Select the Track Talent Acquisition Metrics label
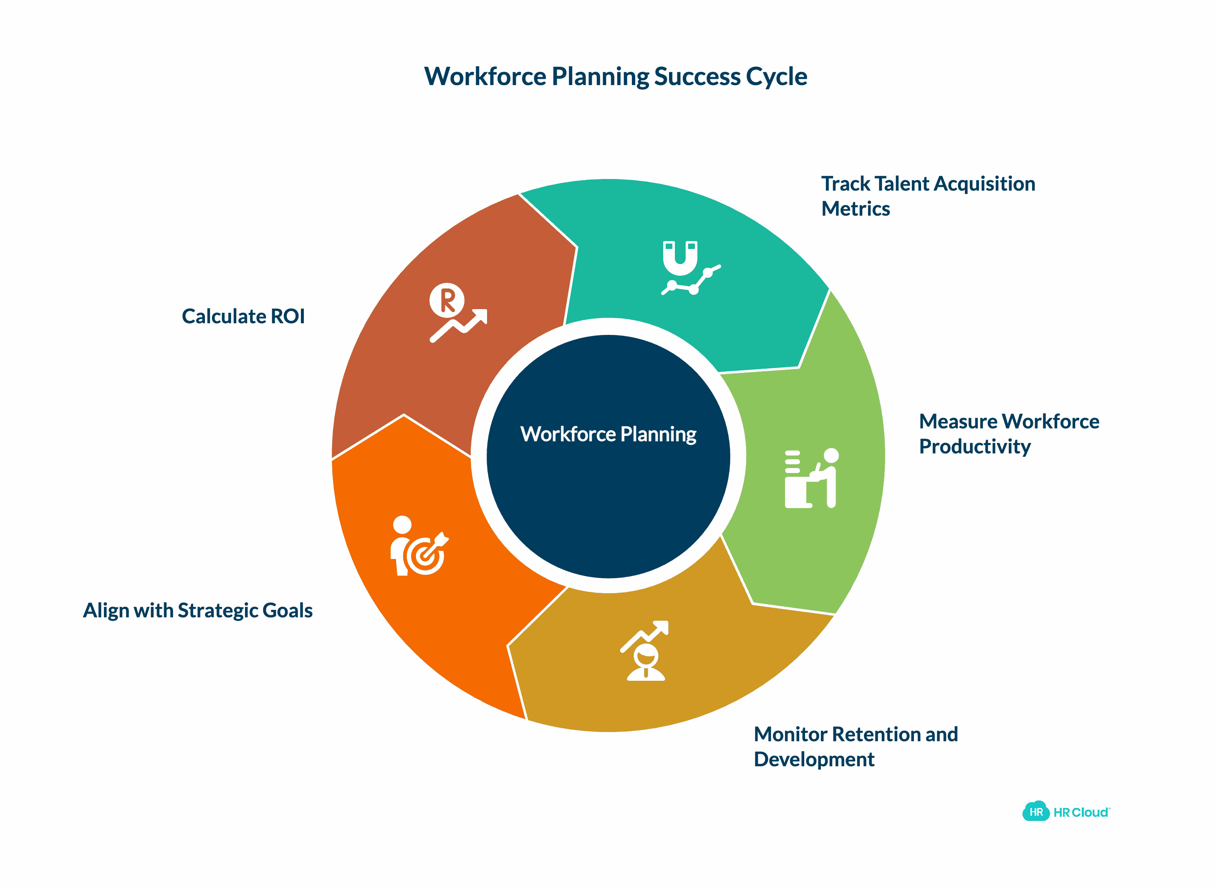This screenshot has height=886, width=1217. point(927,196)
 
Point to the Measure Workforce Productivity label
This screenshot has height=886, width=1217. point(1008,433)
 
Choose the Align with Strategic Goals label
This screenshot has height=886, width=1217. point(197,610)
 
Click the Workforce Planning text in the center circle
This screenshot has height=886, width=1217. point(608,434)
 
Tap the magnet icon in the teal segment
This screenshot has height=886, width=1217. point(680,259)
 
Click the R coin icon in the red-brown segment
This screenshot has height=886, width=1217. point(447,300)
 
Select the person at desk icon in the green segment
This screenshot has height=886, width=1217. point(811,478)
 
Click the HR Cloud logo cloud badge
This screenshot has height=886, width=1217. point(1035,812)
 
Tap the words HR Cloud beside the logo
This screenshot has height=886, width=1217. point(1081,813)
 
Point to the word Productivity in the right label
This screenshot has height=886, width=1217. point(975,446)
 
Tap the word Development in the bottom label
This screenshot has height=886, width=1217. point(813,760)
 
